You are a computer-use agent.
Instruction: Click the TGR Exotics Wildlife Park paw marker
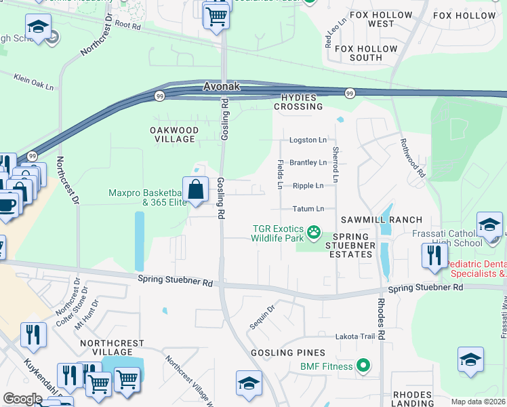313,233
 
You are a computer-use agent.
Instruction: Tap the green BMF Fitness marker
363,366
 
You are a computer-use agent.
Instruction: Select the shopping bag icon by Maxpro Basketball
195,190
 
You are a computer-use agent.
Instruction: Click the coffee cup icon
7,205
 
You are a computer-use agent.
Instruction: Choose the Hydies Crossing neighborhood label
298,102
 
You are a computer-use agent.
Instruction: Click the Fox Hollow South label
367,53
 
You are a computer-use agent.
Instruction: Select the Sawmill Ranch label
382,220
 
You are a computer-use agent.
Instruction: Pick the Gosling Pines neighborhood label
288,353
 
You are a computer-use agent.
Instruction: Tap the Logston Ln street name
308,140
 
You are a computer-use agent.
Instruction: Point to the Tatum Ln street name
308,209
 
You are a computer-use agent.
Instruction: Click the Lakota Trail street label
355,336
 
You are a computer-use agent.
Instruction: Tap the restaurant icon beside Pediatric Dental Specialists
434,255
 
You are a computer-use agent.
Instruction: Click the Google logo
22,399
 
